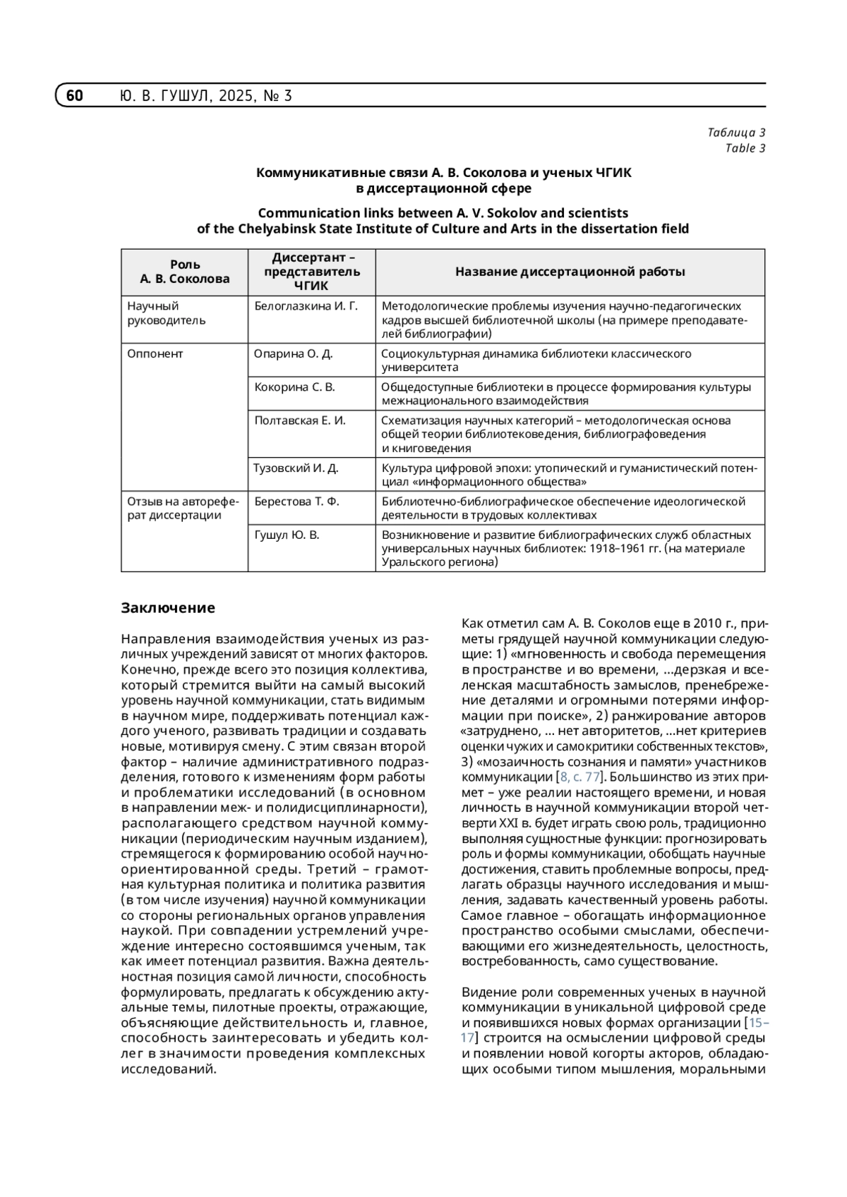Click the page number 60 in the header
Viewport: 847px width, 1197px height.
[x=75, y=95]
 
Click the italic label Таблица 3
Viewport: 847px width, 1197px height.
[x=736, y=133]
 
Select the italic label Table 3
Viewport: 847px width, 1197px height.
[x=745, y=148]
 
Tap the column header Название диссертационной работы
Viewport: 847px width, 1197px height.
[x=570, y=272]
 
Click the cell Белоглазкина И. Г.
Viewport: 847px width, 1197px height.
[x=306, y=306]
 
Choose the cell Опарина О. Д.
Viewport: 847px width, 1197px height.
[x=293, y=354]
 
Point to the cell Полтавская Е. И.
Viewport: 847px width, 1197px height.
[x=299, y=420]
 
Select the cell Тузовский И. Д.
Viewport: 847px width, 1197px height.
[x=296, y=468]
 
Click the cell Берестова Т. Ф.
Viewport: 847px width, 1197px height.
[x=296, y=502]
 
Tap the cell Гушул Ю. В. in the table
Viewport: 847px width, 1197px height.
[x=287, y=535]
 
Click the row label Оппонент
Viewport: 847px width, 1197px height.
[x=155, y=354]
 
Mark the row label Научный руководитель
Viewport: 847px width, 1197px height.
[x=167, y=313]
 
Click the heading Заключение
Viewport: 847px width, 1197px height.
[x=168, y=608]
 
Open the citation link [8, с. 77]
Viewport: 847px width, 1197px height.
[x=579, y=777]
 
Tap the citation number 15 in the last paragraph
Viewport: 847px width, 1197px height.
[x=756, y=1023]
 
